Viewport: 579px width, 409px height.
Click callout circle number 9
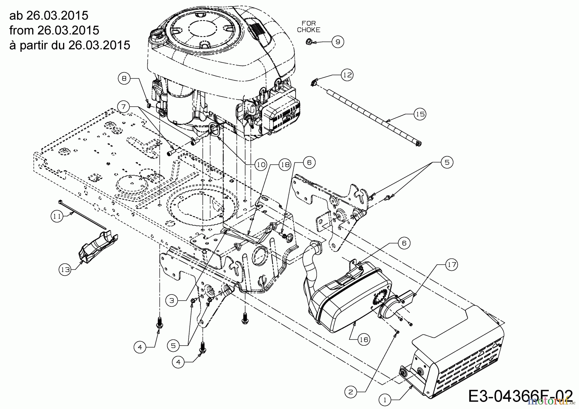tap(338, 42)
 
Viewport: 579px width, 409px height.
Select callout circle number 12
tap(347, 75)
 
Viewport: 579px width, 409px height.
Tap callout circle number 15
tap(420, 114)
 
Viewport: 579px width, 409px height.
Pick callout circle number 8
tap(124, 77)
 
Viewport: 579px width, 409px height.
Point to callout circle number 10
tap(261, 164)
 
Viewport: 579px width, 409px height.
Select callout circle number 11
tap(57, 216)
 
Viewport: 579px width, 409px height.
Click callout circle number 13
tap(65, 269)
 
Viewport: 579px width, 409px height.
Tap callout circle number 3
tap(172, 300)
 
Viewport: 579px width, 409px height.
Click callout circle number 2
tap(351, 392)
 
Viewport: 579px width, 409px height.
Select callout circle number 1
tap(385, 400)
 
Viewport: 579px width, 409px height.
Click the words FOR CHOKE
tap(308, 27)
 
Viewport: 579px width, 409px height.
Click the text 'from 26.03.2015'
tap(54, 30)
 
